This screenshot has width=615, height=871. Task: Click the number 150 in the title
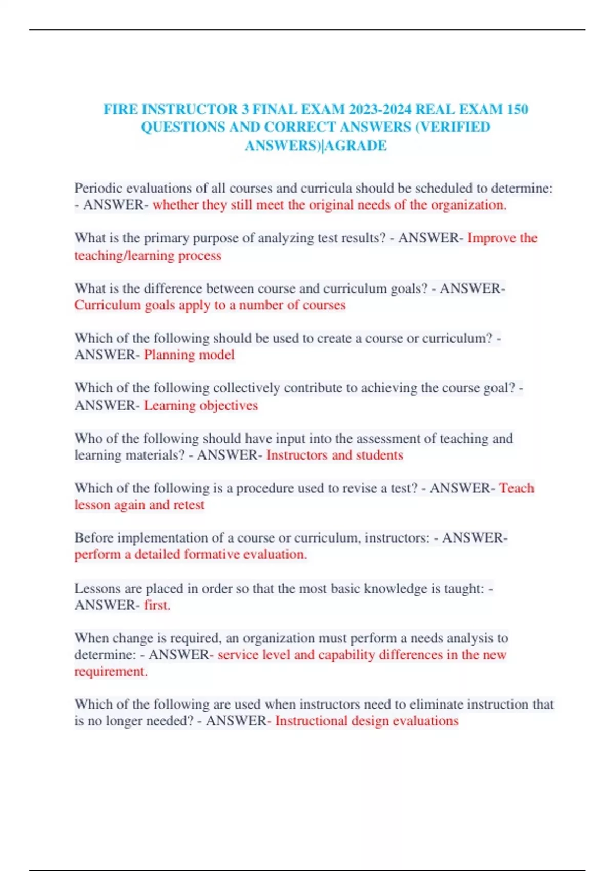[517, 109]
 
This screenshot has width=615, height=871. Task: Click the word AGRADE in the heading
[356, 146]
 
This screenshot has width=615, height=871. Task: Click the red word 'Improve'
[491, 238]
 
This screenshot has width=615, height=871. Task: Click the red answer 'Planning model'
[189, 355]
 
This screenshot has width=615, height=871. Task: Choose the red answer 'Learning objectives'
[201, 405]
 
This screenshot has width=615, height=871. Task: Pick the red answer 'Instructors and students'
[335, 455]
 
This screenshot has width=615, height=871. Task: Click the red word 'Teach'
[517, 488]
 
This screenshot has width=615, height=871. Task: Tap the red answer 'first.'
[157, 605]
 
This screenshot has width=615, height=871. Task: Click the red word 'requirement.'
[111, 671]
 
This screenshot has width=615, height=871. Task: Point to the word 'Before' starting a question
[94, 538]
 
